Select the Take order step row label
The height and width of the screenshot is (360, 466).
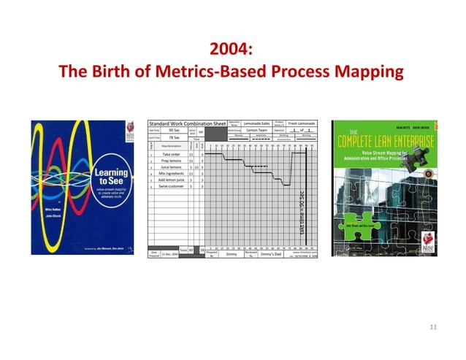point(171,155)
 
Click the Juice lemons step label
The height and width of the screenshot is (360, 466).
point(171,167)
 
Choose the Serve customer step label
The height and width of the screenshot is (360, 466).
point(171,187)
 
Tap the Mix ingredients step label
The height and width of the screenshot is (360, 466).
point(171,174)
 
